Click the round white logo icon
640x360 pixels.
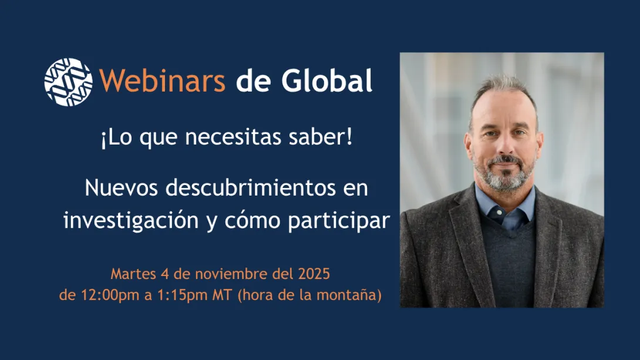[x=68, y=82]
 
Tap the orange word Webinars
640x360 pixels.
[x=163, y=81]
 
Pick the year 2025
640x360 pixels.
[x=313, y=274]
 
